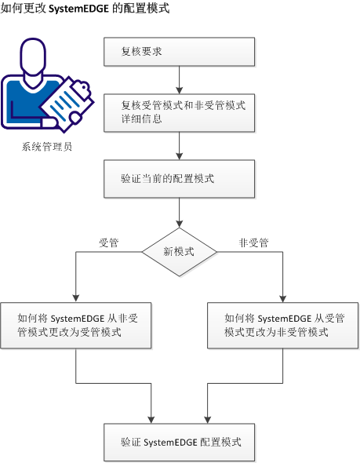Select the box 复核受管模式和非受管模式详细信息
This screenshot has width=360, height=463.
click(180, 111)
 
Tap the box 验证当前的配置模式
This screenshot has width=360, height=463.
click(180, 178)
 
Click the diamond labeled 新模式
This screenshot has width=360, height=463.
click(180, 252)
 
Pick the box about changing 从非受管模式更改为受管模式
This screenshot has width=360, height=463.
click(75, 325)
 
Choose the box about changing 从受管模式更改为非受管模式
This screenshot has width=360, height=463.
click(284, 325)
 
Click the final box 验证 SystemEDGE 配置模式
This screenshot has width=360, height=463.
click(180, 442)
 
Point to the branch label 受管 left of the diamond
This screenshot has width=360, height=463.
click(109, 243)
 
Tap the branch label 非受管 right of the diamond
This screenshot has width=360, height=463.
click(254, 243)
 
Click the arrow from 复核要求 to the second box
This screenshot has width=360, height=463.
click(180, 79)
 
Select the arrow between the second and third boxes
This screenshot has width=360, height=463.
click(180, 145)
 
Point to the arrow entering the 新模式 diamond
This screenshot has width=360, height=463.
click(180, 213)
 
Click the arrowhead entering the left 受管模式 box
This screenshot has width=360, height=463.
click(75, 297)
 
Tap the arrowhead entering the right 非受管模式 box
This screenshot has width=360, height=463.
click(284, 297)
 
